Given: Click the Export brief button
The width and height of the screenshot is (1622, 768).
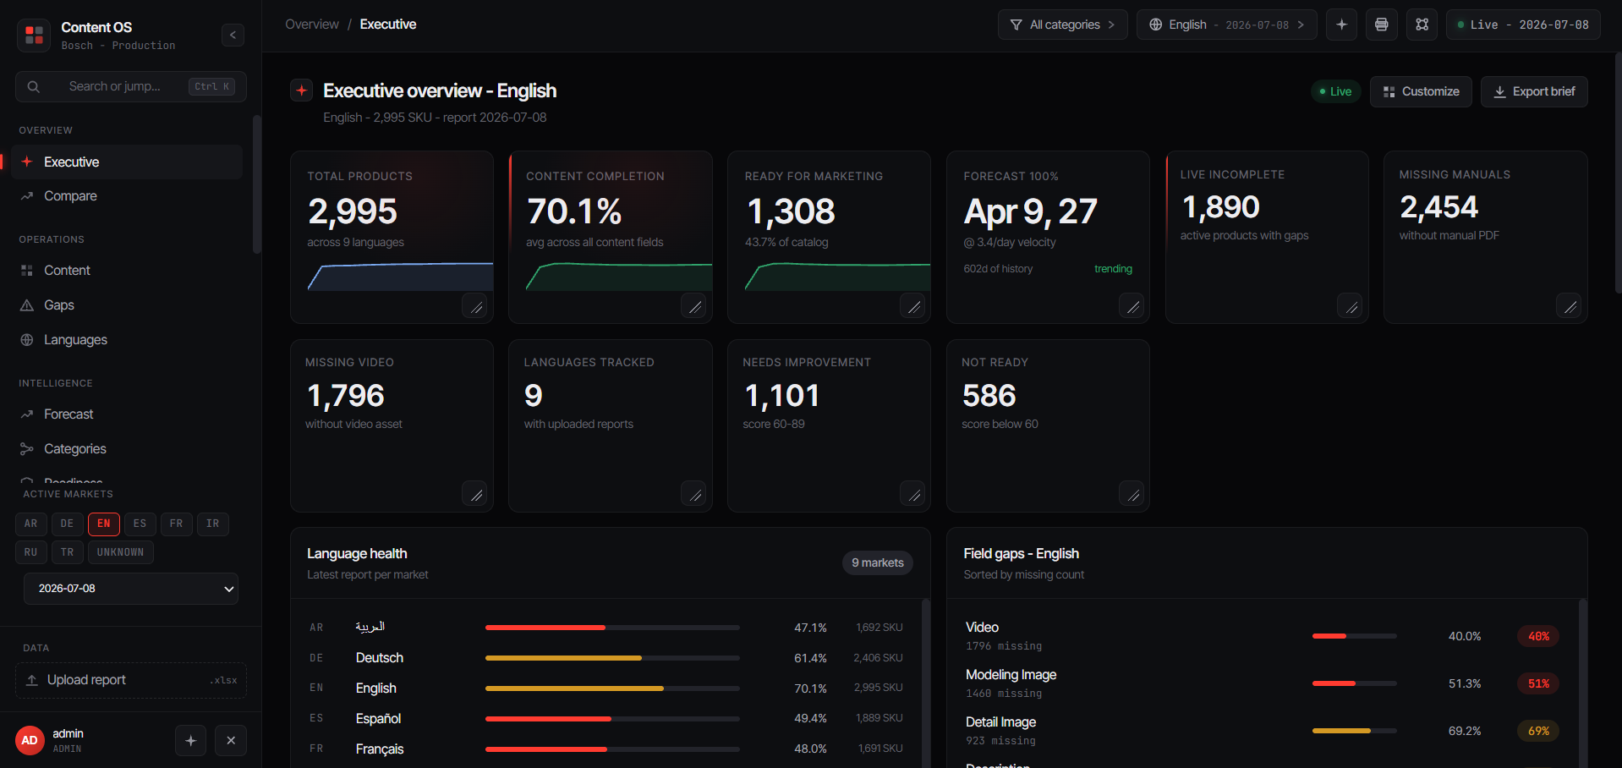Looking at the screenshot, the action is (1534, 91).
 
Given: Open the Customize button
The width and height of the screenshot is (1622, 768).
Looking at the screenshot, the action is (1421, 91).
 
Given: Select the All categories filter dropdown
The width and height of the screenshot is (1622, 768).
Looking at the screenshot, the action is (1063, 25).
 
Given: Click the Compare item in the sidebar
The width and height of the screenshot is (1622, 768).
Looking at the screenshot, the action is (70, 196).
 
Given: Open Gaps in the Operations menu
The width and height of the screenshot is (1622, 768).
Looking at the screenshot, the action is (59, 305).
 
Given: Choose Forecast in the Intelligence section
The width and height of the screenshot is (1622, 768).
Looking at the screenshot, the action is (68, 414).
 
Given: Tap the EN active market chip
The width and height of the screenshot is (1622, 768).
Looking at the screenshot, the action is (104, 524).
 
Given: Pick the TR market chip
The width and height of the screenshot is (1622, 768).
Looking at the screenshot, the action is (68, 552).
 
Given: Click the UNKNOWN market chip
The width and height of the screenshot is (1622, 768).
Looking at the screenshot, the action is (120, 552).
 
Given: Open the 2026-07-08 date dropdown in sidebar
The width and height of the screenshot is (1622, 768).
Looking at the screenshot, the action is (131, 589).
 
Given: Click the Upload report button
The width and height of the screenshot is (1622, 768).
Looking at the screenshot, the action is (131, 680).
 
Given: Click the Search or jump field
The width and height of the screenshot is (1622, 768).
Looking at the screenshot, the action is (131, 86).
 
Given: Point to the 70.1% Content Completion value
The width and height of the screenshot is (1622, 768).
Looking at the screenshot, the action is (574, 211).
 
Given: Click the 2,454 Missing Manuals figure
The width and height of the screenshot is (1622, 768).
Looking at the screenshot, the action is (1438, 207).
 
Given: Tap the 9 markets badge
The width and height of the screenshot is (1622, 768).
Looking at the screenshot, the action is (878, 562).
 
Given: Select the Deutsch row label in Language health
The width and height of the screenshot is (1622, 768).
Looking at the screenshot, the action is (380, 658).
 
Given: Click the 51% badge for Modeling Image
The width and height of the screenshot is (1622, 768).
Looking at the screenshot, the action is (1538, 683).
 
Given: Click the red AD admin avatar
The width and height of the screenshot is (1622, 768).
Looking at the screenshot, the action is (30, 741).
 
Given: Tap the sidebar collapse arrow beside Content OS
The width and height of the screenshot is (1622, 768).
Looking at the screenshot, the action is (233, 35).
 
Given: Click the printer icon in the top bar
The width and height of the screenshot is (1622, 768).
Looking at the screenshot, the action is (1382, 25).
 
